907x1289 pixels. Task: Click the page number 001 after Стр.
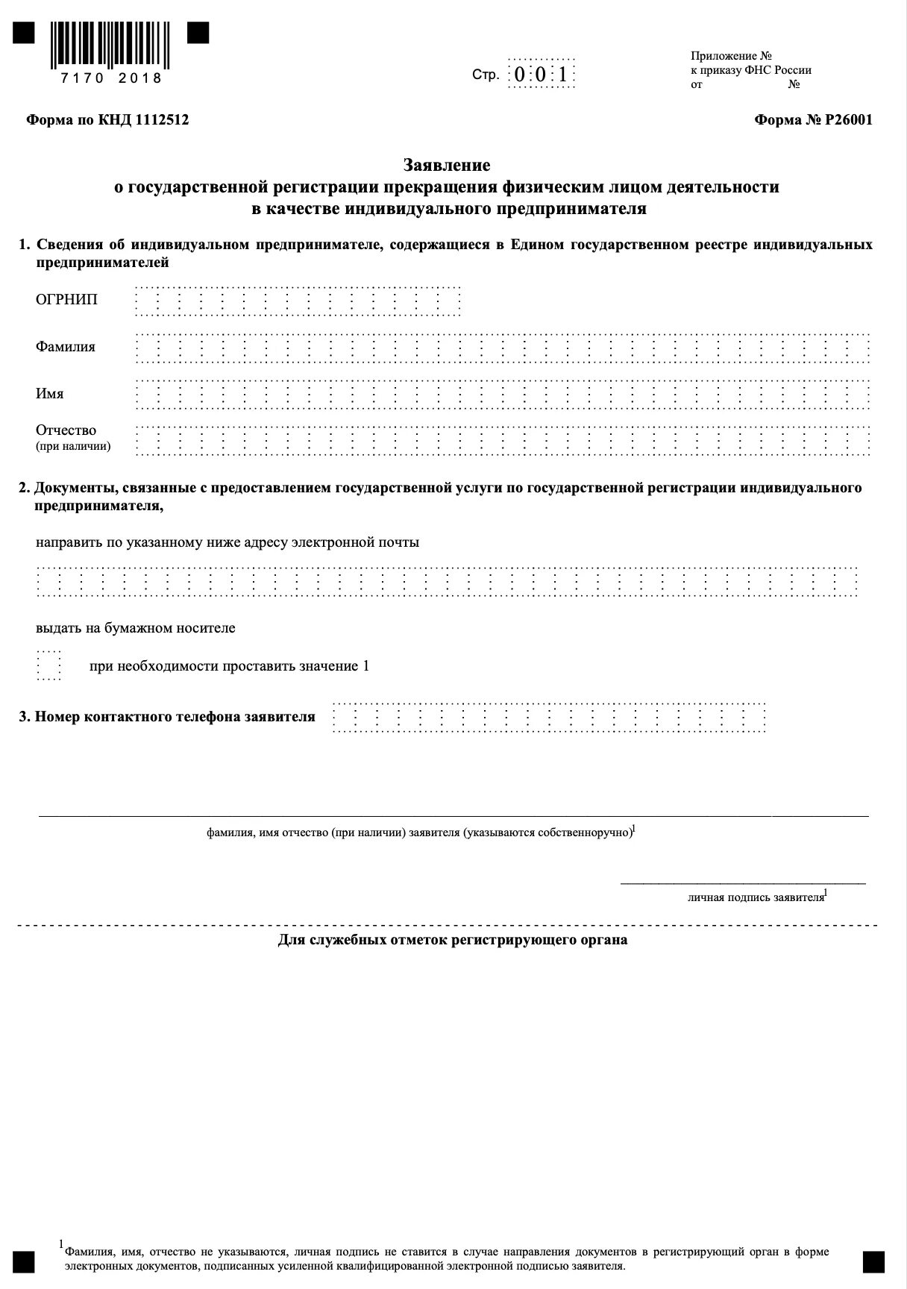(542, 74)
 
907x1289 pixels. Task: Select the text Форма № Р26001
(813, 120)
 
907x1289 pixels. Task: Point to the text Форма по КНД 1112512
(107, 120)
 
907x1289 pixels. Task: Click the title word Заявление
(447, 164)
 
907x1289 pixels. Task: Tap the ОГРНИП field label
(66, 300)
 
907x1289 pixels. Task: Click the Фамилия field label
(66, 347)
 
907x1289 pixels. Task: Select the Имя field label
(50, 394)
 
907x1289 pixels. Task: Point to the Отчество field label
(66, 430)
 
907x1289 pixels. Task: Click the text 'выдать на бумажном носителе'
(136, 628)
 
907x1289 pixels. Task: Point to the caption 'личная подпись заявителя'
(756, 897)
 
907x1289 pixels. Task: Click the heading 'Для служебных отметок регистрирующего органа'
(453, 940)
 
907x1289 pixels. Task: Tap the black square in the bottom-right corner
(873, 1261)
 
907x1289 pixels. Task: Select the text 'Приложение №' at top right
(731, 56)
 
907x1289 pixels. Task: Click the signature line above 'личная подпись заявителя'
(743, 884)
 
